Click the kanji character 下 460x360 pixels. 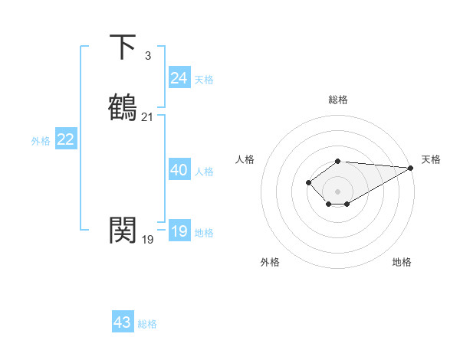123,47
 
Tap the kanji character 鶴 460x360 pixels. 123,107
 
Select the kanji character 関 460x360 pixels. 123,230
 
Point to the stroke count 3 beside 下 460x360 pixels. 147,55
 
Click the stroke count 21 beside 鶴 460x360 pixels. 147,116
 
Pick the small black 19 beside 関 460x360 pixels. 147,239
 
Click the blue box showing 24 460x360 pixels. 179,78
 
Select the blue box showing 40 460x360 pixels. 179,170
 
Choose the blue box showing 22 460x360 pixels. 66,139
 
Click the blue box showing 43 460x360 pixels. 123,322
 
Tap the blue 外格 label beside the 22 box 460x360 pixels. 41,141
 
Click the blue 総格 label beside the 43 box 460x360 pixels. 147,324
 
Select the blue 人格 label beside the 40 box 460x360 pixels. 204,172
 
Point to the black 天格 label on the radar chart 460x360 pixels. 431,159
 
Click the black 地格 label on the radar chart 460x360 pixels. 402,262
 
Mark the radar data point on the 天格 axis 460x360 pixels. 411,168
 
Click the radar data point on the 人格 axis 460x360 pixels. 308,182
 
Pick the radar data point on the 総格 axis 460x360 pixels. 338,161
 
